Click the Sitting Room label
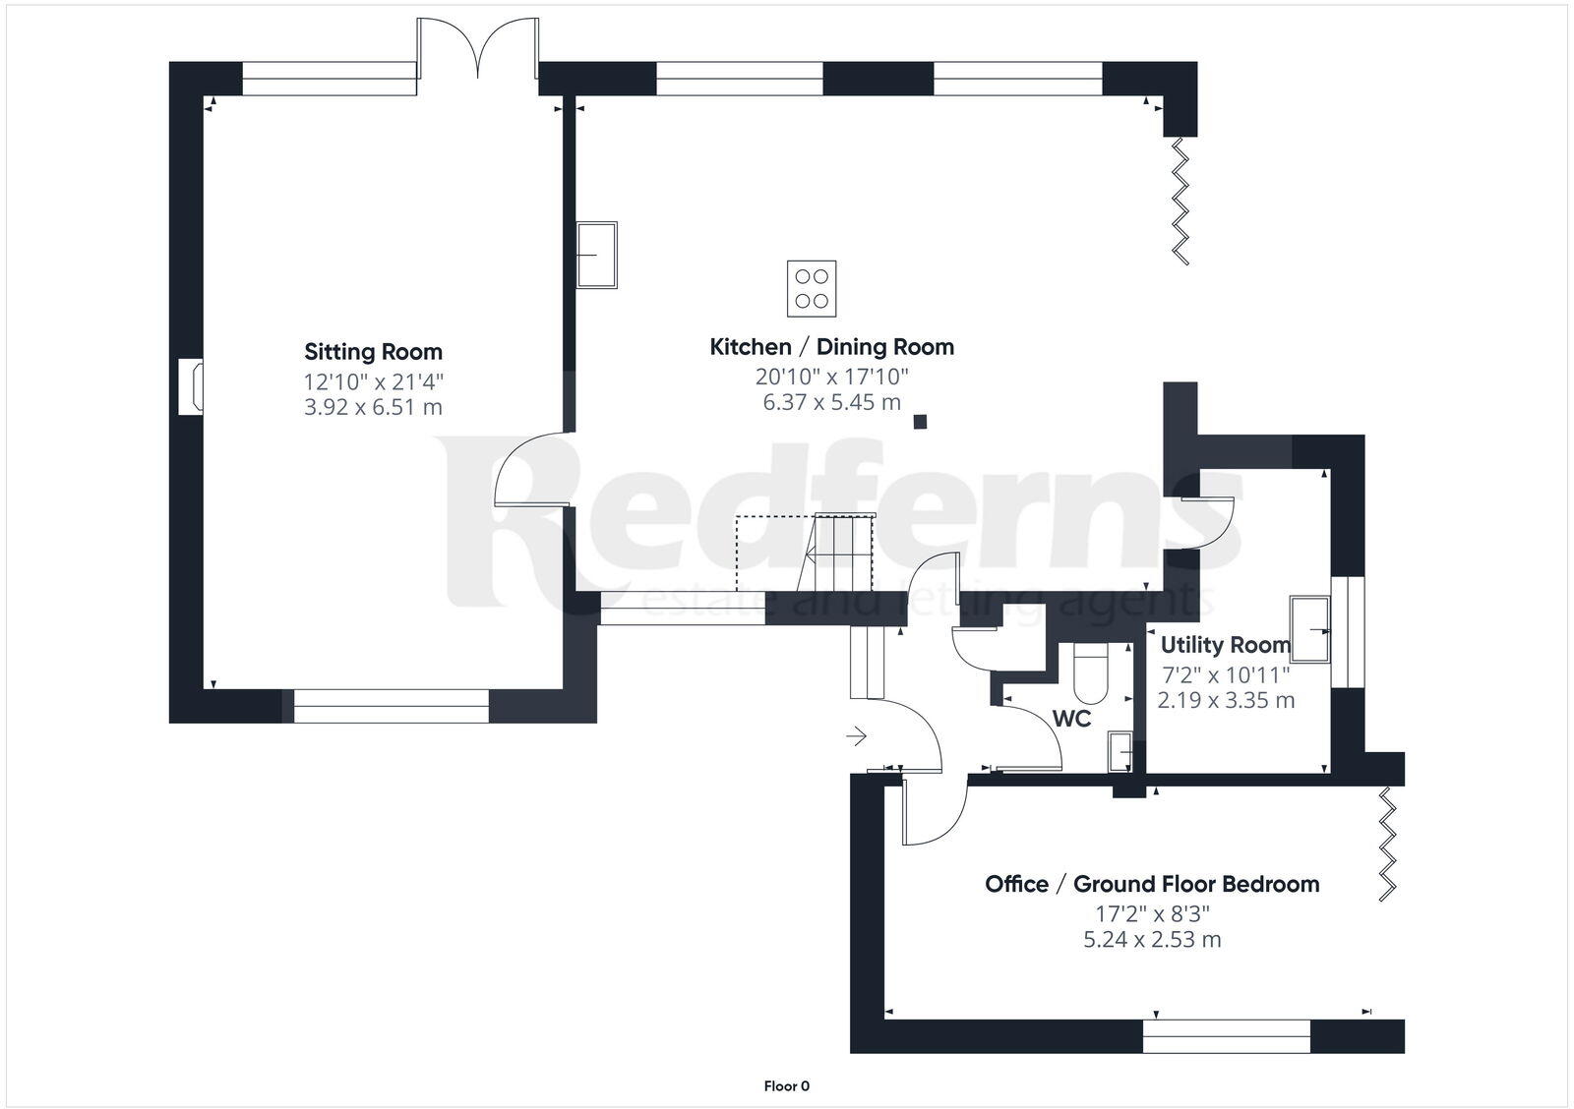click(x=373, y=352)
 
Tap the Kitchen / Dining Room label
click(x=831, y=347)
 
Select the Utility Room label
click(x=1225, y=645)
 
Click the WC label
click(x=1071, y=719)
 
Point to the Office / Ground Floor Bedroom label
click(x=1152, y=884)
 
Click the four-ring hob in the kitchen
click(x=812, y=289)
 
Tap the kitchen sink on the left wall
click(x=596, y=255)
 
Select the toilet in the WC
click(x=1091, y=671)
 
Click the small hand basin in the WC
click(x=1120, y=750)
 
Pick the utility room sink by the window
click(x=1310, y=627)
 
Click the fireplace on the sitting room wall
click(x=191, y=387)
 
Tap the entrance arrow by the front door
click(x=856, y=735)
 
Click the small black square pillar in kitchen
click(x=920, y=422)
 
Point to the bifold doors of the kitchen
click(x=1180, y=202)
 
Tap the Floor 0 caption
click(x=787, y=1086)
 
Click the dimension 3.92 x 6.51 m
click(x=373, y=407)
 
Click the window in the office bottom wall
click(x=1226, y=1036)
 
